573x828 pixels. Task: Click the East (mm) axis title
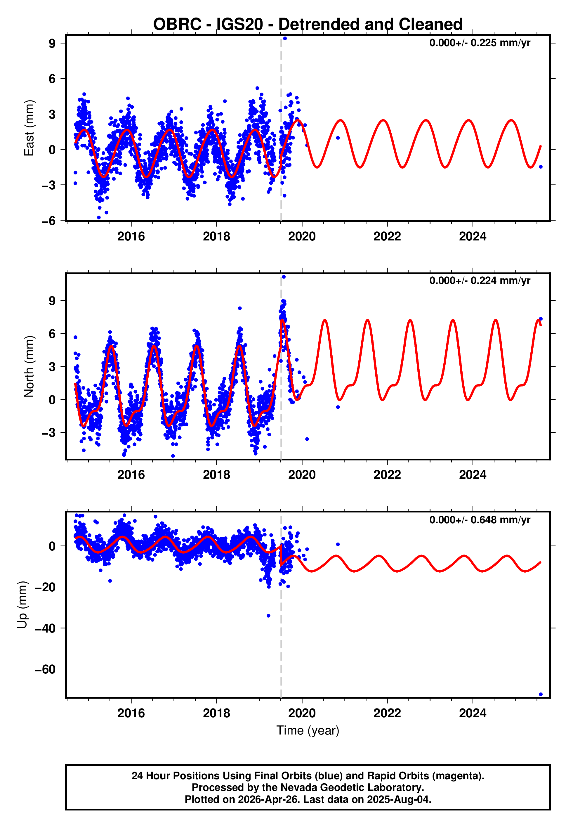coord(29,128)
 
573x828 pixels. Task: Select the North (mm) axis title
coord(29,366)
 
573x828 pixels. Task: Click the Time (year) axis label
coord(308,730)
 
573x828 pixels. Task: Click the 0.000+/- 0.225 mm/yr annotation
coord(479,43)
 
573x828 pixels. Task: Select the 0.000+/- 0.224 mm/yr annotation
coord(479,280)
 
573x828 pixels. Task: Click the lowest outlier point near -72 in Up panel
coord(541,694)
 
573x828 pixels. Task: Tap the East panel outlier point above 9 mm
coord(285,38)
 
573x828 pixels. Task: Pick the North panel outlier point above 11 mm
coord(284,277)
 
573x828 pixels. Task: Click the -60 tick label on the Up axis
coord(45,669)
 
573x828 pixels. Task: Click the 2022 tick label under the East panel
coord(387,236)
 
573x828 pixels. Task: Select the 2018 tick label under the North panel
coord(216,475)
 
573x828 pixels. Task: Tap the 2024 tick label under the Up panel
coord(473,713)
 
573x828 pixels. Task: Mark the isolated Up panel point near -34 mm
coord(269,616)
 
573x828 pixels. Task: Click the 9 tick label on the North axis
coord(52,301)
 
